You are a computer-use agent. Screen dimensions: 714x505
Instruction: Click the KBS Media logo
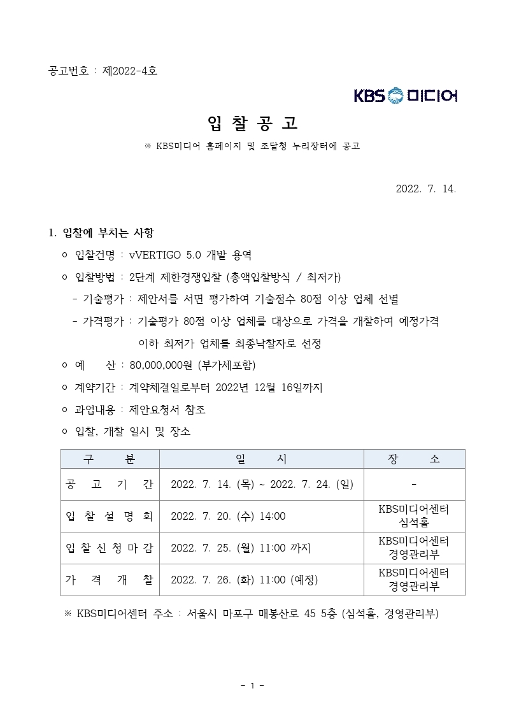pos(406,96)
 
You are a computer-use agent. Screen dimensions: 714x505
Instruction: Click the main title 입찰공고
pos(252,122)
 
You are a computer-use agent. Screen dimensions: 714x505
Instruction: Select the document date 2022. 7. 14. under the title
pos(426,189)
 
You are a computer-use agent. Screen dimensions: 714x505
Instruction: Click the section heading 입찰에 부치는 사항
pos(108,232)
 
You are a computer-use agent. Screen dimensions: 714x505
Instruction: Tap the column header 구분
pos(110,459)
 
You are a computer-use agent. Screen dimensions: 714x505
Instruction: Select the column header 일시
pos(261,459)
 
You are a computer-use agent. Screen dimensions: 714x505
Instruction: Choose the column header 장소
pos(414,459)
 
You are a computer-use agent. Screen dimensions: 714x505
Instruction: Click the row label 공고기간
pos(110,485)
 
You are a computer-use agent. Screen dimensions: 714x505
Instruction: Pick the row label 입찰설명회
pos(110,516)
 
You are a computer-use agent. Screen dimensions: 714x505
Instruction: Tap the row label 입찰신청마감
pos(110,548)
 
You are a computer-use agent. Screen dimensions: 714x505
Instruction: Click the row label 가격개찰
pos(110,580)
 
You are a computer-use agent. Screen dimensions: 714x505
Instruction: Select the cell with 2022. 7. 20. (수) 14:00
pos(228,516)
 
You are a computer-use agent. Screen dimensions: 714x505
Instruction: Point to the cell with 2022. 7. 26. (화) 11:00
pos(244,580)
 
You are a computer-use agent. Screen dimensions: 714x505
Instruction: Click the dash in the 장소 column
pos(414,485)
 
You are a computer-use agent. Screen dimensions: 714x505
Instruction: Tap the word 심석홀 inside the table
pos(414,523)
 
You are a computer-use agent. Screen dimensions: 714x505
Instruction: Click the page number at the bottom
pos(252,685)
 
